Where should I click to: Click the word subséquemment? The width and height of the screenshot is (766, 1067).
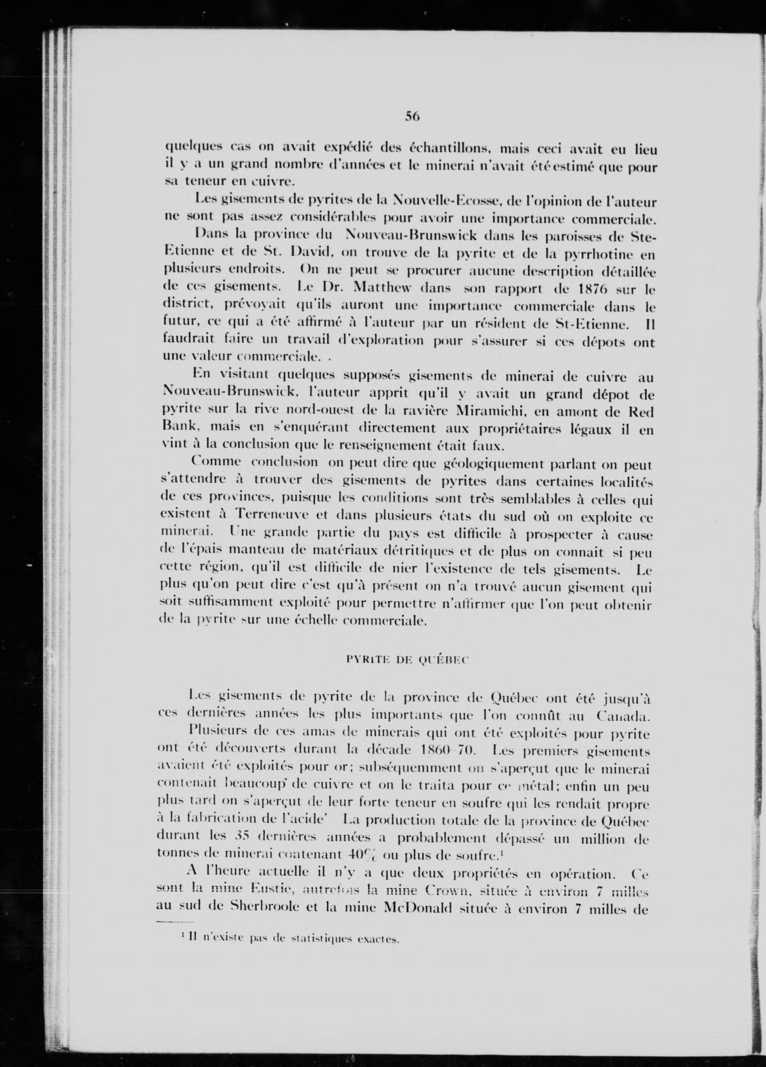(410, 768)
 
